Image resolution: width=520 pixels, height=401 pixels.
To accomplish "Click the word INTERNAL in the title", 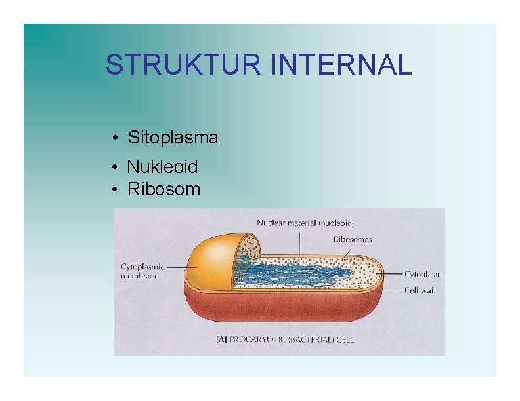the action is (341, 65).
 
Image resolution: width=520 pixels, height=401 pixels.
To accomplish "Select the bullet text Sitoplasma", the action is (173, 138).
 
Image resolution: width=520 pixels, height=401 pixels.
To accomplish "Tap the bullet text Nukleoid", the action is (162, 167).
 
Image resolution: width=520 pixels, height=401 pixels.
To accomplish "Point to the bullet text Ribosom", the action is (163, 189).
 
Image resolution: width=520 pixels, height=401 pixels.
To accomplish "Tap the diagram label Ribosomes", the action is (352, 240).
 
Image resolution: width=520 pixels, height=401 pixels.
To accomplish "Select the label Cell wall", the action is (420, 290).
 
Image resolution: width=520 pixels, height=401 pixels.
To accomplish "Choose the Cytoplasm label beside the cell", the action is (422, 274).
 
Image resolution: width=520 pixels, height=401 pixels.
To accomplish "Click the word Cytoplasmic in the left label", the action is (142, 267).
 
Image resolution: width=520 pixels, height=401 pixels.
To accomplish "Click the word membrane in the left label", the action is (140, 276).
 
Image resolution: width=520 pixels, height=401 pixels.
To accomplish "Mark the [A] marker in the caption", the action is (221, 339).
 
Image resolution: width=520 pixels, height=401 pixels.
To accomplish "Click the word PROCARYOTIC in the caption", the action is (259, 339).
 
